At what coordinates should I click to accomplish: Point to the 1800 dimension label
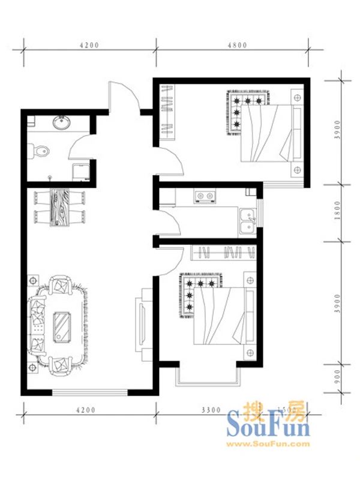tap(337, 212)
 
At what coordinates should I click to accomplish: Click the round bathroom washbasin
tap(61, 123)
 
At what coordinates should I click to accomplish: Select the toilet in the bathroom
tap(40, 151)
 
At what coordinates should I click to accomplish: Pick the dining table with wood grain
tap(60, 208)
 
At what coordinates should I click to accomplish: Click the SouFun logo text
tap(268, 427)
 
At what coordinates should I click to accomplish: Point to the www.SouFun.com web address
tap(268, 444)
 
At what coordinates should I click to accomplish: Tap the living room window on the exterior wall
tap(90, 393)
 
